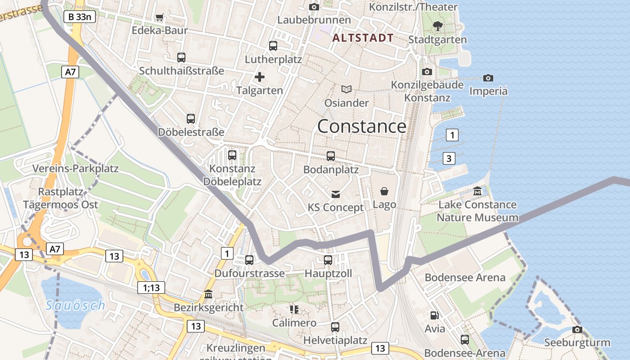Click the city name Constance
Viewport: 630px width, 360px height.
362,126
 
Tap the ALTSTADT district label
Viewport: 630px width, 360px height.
363,38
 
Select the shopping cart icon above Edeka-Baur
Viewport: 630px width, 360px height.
159,18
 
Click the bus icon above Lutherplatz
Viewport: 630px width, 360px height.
273,45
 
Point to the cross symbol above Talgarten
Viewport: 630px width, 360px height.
260,77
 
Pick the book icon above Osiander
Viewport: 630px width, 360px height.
346,89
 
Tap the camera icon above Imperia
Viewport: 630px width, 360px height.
488,78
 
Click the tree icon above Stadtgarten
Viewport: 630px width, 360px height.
437,26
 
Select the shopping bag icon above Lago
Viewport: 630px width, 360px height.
384,191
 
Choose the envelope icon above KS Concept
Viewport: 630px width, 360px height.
336,194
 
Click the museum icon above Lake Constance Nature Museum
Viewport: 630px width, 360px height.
477,191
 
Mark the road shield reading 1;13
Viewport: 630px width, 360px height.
152,288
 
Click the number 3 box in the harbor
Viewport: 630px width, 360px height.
449,158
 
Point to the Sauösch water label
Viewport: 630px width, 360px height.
76,306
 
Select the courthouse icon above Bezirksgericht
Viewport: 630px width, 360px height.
209,294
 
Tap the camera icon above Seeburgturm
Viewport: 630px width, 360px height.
577,329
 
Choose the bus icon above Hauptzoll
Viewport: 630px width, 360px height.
328,260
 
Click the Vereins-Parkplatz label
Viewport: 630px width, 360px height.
76,169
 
